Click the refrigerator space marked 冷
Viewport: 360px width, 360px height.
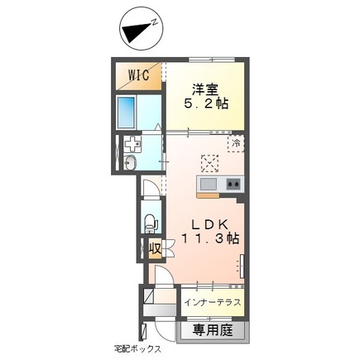[x=237, y=142]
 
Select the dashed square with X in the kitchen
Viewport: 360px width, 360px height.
[x=209, y=161]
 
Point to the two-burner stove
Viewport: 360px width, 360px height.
[x=233, y=183]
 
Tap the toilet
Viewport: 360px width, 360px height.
[x=150, y=222]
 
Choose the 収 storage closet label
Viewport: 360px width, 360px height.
[x=154, y=248]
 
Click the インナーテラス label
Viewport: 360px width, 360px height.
[x=212, y=302]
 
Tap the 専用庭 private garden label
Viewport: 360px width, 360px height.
[x=214, y=329]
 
